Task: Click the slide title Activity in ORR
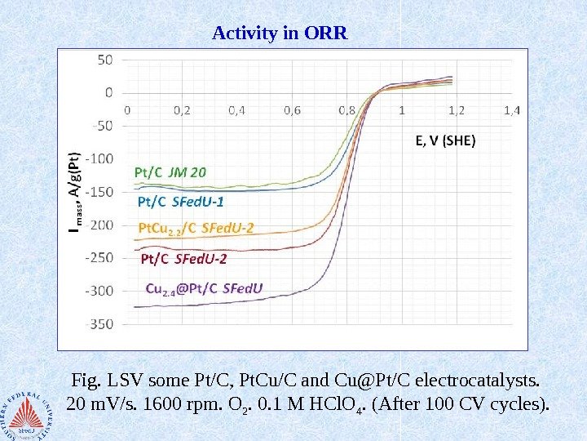pyautogui.click(x=280, y=34)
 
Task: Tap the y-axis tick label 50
pyautogui.click(x=106, y=60)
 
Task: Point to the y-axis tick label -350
pyautogui.click(x=101, y=323)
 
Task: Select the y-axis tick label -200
pyautogui.click(x=101, y=225)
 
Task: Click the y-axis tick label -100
pyautogui.click(x=101, y=158)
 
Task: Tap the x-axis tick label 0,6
pyautogui.click(x=293, y=109)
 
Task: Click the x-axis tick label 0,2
pyautogui.click(x=181, y=109)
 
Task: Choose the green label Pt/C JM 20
pyautogui.click(x=170, y=172)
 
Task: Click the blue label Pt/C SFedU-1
pyautogui.click(x=181, y=200)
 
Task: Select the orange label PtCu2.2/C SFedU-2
pyautogui.click(x=196, y=228)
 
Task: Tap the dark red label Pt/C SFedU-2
pyautogui.click(x=184, y=259)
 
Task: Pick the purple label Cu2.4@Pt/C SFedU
pyautogui.click(x=204, y=287)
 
